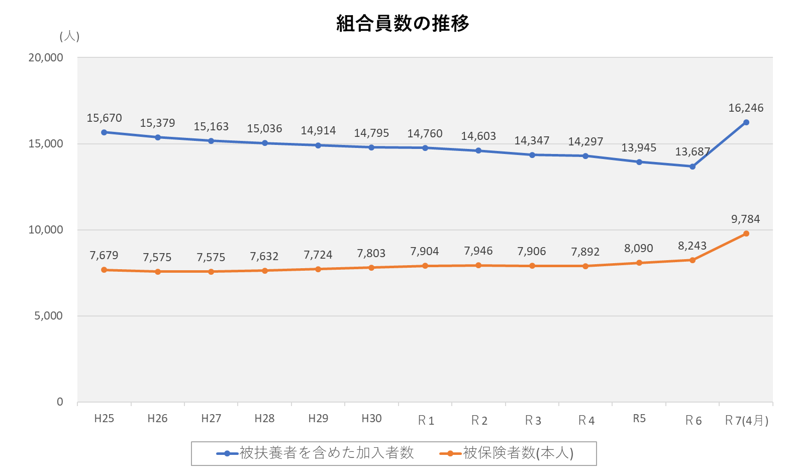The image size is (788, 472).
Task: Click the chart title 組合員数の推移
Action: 403,24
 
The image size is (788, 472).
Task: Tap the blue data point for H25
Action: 104,132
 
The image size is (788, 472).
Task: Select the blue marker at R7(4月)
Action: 746,122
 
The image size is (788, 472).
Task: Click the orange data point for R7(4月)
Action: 746,233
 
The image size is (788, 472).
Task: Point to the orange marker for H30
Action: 371,268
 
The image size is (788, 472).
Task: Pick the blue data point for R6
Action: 693,167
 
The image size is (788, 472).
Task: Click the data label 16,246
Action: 746,108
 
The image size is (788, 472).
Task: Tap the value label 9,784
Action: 746,219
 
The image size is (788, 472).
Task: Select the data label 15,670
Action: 104,118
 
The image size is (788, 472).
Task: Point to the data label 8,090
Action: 639,248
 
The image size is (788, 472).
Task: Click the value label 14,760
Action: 425,133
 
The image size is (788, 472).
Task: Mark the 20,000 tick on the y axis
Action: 46,57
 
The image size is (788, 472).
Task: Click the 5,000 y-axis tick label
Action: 49,316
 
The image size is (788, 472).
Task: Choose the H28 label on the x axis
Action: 264,419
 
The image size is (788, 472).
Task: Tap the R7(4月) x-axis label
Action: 746,420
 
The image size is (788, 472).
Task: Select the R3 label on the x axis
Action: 533,420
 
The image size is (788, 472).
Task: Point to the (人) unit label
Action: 69,36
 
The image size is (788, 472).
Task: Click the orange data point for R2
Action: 478,265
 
